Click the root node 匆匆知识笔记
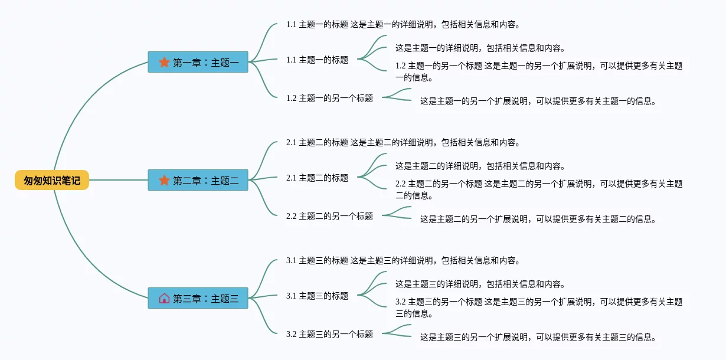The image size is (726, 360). pos(52,181)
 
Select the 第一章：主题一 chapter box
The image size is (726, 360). pos(198,62)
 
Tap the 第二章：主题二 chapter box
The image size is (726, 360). pos(198,180)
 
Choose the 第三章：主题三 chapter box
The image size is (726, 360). pos(198,298)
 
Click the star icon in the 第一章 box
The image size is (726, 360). pos(164,62)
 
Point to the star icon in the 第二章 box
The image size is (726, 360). pos(164,180)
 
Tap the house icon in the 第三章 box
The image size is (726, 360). pos(164,298)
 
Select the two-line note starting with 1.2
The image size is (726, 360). pos(538,71)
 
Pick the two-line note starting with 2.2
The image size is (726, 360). pos(538,189)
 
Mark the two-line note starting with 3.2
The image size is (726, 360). pos(538,307)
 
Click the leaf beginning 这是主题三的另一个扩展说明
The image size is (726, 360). pos(538,337)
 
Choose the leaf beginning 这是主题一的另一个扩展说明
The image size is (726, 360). pos(538,101)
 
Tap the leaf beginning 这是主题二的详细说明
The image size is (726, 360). pos(480,166)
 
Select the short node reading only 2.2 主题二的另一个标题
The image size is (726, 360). pos(329,216)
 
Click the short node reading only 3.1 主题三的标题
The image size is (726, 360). pos(317,296)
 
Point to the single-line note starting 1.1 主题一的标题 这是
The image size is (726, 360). pos(403,25)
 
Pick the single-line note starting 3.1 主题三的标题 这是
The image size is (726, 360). pos(403,260)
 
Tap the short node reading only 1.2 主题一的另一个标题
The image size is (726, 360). pos(329,98)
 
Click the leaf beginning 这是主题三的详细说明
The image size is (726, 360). pos(480,284)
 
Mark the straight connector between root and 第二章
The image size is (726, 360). pos(118,180)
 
